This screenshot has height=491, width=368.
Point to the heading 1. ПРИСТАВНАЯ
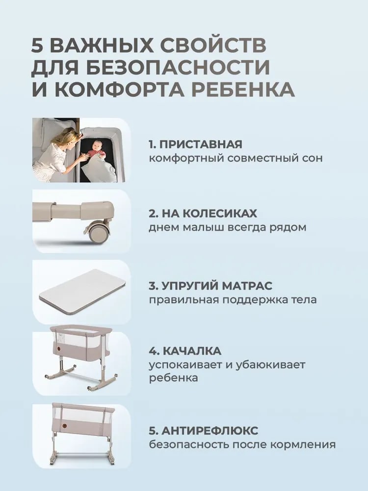pos(195,145)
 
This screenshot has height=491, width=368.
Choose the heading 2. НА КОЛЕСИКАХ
pos(203,214)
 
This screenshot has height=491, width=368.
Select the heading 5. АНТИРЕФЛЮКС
pos(203,431)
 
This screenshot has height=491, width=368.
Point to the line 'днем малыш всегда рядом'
pos(228,228)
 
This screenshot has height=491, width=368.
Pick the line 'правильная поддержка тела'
pos(233,300)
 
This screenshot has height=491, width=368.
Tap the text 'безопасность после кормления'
pos(242,445)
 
